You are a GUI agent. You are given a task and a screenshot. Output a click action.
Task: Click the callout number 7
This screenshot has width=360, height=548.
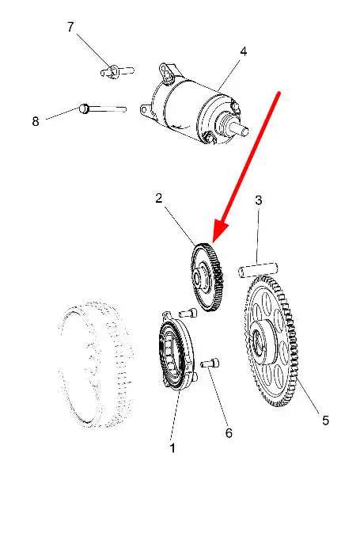[70, 27]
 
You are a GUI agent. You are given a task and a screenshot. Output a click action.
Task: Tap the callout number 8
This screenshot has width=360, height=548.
[36, 121]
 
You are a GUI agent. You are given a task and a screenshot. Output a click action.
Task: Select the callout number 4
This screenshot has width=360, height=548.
[244, 51]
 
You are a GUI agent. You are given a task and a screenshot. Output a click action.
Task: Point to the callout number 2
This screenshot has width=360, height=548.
[159, 198]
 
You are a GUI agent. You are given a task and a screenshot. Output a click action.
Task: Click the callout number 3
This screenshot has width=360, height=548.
[259, 200]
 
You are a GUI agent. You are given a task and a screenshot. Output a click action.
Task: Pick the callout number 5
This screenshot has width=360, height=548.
[325, 420]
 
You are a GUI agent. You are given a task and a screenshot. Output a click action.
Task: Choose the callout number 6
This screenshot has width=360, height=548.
[229, 433]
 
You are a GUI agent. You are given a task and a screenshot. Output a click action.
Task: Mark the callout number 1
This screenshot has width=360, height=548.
[172, 447]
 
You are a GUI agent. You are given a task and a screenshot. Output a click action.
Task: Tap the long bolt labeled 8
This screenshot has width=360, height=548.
[103, 109]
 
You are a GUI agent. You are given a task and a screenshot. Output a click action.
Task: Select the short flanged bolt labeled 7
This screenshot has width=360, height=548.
[117, 71]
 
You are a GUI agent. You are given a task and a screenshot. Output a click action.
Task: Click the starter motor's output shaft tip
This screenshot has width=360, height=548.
[244, 131]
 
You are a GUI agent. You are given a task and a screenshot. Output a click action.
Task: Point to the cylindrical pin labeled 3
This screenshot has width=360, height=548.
[258, 270]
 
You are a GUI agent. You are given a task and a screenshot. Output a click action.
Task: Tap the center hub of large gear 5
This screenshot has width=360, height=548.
[261, 341]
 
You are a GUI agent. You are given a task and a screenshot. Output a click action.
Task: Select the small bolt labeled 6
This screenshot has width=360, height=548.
[210, 363]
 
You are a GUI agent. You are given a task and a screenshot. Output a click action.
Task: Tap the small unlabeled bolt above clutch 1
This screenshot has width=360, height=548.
[188, 313]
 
